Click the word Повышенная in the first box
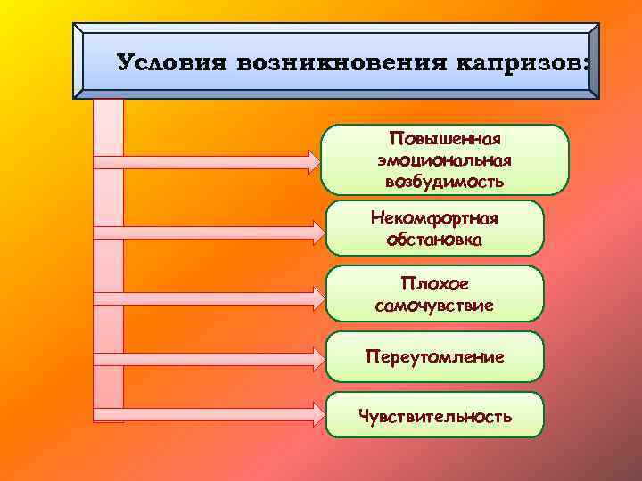[x=445, y=140]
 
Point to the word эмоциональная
[x=444, y=160]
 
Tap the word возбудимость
[x=444, y=181]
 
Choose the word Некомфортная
[x=434, y=218]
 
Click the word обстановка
[x=434, y=239]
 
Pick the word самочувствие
[x=434, y=306]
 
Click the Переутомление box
[x=434, y=356]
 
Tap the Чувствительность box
[x=434, y=415]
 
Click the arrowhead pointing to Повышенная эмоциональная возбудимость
[x=311, y=162]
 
